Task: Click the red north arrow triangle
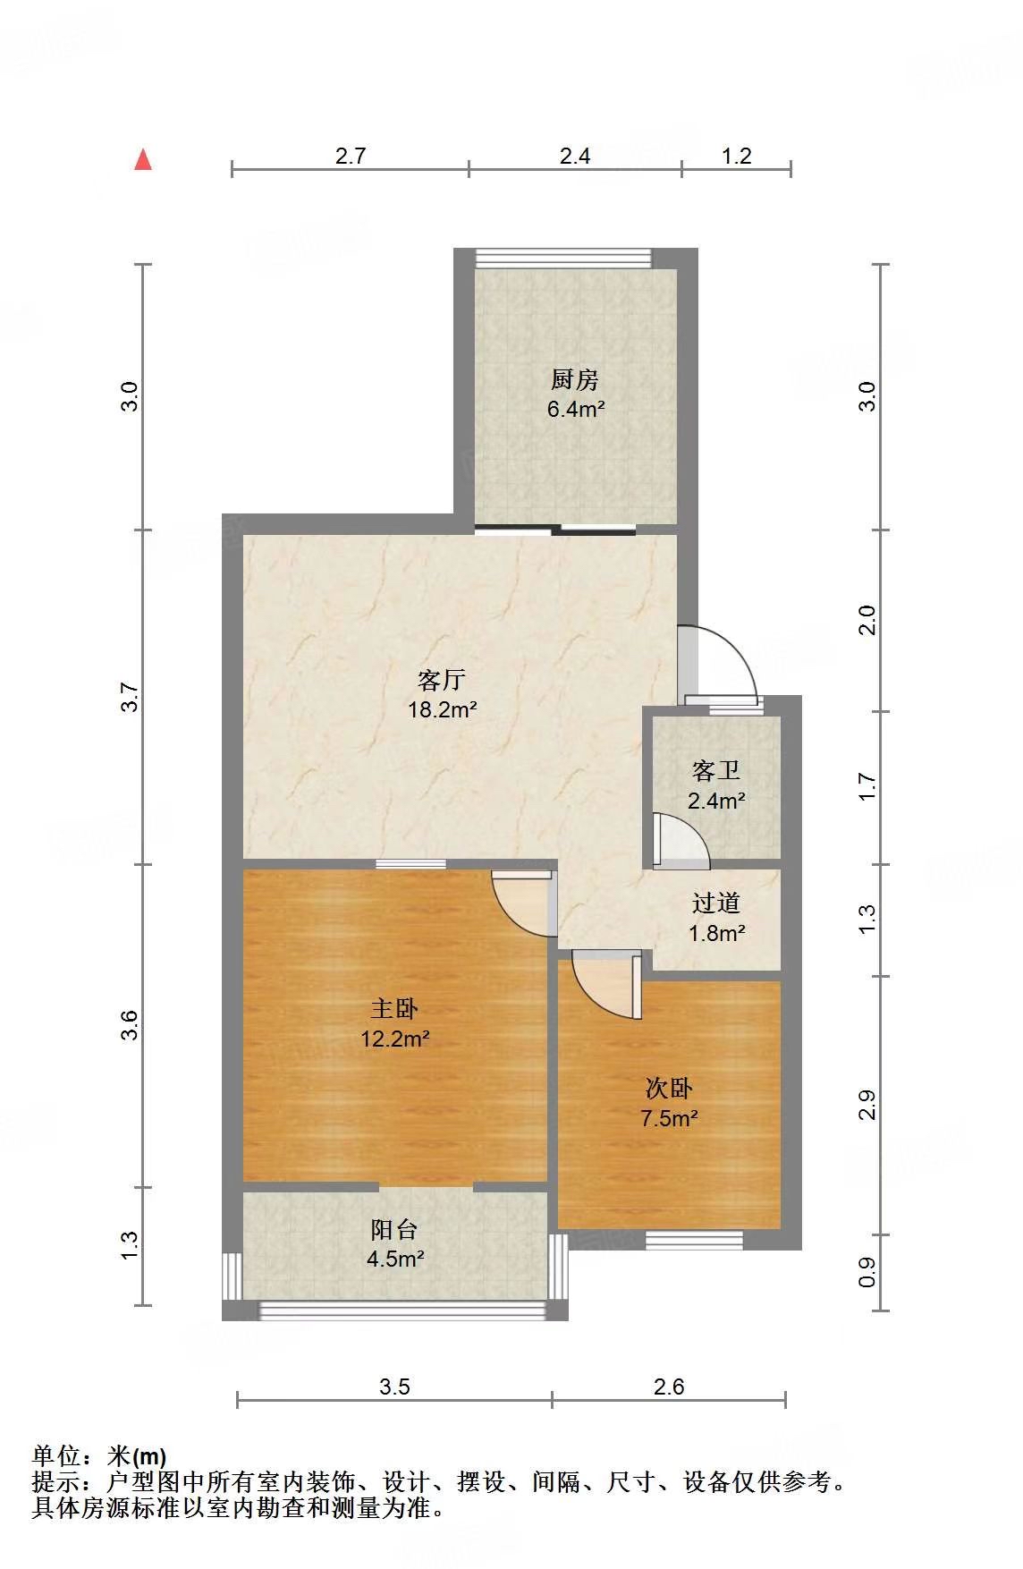pos(143,159)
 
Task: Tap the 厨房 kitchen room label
pos(574,380)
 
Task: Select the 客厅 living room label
pos(442,681)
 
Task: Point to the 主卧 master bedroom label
pos(394,1009)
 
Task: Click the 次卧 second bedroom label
pos(669,1089)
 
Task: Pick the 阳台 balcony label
pos(394,1230)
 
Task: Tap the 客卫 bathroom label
pos(716,770)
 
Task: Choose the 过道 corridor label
pos(716,903)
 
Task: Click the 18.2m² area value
pos(442,710)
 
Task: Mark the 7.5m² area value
pos(669,1118)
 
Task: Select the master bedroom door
pos(524,903)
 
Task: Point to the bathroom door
pos(680,842)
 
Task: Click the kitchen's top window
pos(564,259)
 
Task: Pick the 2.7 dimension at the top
pos(351,156)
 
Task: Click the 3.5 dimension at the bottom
pos(394,1387)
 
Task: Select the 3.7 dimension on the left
pos(131,697)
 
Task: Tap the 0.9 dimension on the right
pos(867,1274)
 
